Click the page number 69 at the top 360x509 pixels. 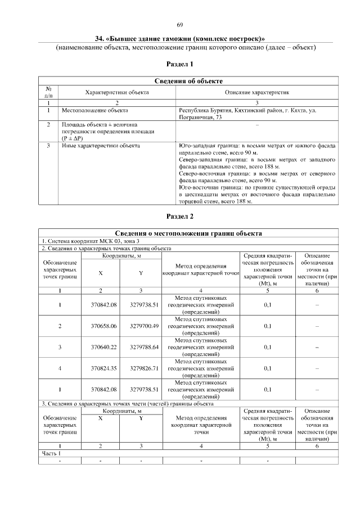tap(180, 25)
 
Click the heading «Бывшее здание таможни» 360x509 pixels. tap(180, 38)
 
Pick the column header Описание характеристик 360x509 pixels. tap(257, 92)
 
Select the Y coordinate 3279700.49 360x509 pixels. tap(141, 326)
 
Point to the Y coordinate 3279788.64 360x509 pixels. tap(141, 347)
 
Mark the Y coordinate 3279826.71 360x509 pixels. tap(141, 368)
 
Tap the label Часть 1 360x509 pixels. tap(51, 453)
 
